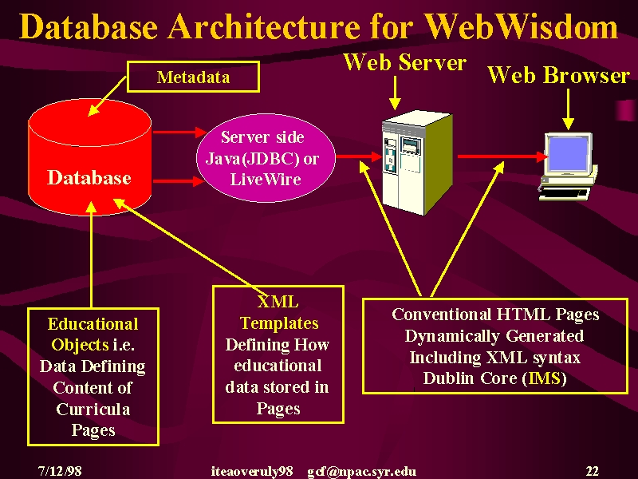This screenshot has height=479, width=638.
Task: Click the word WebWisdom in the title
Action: pos(522,27)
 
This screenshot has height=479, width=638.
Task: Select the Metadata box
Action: pos(193,77)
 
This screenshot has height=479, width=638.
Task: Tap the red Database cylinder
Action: pos(89,157)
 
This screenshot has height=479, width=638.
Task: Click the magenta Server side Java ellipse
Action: pos(266,157)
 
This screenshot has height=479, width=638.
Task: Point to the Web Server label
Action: pos(405,62)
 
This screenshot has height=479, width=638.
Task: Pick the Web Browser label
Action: pos(559,75)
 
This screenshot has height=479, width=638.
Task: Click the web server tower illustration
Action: pos(417,162)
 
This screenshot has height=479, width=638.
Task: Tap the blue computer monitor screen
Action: pos(568,154)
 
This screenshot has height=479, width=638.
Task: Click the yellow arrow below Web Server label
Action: pos(395,93)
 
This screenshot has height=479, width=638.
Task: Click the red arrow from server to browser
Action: pos(502,156)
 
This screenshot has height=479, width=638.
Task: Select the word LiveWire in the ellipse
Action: pos(266,179)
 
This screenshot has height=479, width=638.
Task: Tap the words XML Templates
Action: pos(278,312)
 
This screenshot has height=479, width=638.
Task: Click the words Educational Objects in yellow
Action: pos(93,335)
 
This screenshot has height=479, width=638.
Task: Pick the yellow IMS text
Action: pos(545,378)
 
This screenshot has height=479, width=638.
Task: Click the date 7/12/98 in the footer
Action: pos(60,471)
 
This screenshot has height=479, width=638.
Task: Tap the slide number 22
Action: pos(593,471)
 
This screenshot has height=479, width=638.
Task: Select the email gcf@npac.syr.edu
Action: pos(362,471)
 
